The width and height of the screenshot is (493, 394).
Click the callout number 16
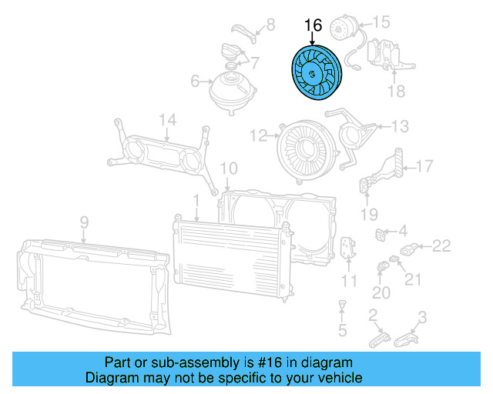(x=313, y=25)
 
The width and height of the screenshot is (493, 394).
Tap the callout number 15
(x=383, y=22)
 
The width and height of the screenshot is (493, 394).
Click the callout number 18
(x=396, y=92)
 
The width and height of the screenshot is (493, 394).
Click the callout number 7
(x=255, y=62)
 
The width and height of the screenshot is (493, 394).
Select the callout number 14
(x=168, y=119)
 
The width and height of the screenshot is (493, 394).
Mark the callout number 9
(x=84, y=222)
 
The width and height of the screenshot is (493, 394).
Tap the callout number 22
(x=441, y=246)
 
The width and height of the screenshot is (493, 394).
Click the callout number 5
(x=343, y=331)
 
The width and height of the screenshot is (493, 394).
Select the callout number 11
(x=350, y=280)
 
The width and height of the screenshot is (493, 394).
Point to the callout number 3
(x=422, y=316)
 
